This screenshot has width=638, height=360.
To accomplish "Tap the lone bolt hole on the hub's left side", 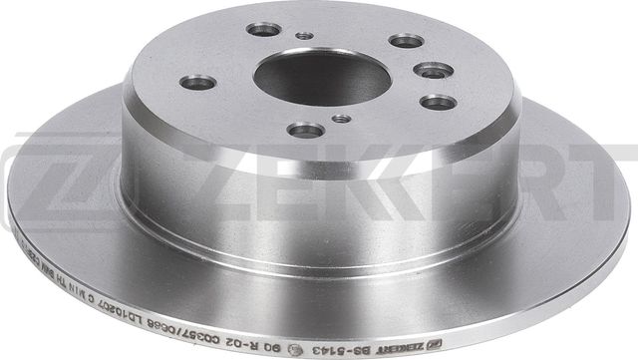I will point(200,82).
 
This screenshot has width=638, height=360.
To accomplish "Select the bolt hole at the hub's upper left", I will point(263,29).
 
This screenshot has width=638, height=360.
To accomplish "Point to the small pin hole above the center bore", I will point(305,36).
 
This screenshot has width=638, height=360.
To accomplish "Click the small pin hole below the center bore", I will point(341,119).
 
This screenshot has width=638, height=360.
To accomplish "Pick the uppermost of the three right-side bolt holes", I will point(406,41).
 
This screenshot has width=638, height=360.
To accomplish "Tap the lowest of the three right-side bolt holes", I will point(438,101).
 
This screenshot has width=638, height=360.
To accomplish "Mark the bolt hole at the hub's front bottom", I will point(305,130).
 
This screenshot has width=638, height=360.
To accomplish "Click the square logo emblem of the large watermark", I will point(50,180).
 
